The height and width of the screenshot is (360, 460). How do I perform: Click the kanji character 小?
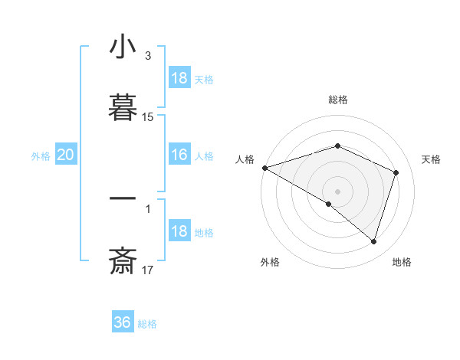click(123, 48)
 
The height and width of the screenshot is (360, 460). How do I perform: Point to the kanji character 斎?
click(123, 262)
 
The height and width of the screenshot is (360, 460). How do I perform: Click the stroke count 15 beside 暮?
click(148, 117)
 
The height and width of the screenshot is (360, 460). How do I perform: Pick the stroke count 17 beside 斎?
click(148, 270)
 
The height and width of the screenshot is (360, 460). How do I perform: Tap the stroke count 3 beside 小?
click(148, 56)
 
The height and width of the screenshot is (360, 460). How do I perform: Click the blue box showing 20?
click(66, 155)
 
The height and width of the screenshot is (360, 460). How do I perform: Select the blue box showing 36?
click(123, 322)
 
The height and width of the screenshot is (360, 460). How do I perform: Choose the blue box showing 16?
click(179, 155)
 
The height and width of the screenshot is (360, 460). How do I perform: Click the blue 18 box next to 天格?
click(179, 78)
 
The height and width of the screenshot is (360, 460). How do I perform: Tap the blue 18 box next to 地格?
click(179, 232)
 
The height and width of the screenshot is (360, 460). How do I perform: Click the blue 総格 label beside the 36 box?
click(147, 324)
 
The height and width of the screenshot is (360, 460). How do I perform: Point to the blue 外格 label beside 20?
click(41, 156)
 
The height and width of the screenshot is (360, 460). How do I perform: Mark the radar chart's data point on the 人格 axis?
click(264, 168)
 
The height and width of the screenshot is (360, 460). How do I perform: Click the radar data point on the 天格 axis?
click(396, 172)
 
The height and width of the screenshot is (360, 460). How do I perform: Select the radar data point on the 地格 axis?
click(373, 241)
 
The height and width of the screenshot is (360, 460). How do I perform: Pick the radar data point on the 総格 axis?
click(337, 146)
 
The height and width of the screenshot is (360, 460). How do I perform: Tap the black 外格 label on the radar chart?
click(270, 262)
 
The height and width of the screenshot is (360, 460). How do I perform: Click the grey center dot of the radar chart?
click(337, 191)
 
